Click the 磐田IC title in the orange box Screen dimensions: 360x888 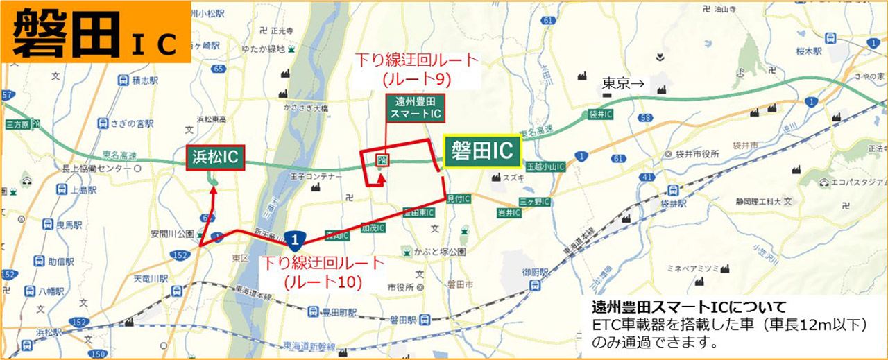point(95,32)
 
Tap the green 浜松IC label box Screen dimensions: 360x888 point(214,157)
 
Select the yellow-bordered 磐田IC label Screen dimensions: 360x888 point(481,151)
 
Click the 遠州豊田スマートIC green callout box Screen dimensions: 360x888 point(415,108)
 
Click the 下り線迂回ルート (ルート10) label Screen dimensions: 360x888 point(321,272)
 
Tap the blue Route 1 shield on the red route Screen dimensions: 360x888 point(296,240)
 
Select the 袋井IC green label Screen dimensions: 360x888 point(600,113)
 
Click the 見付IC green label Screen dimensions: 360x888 point(459,199)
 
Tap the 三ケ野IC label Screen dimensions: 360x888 point(535,202)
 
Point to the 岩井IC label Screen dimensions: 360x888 point(509,213)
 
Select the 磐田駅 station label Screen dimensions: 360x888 point(402,320)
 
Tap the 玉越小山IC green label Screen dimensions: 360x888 point(545,167)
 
